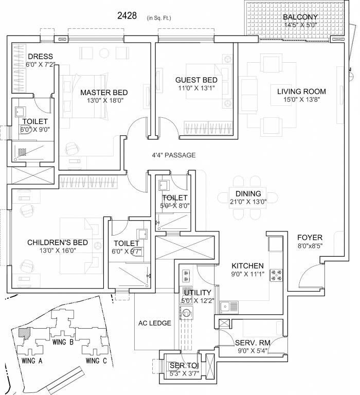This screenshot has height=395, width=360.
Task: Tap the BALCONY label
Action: (300, 17)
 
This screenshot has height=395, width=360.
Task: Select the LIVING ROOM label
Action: (301, 92)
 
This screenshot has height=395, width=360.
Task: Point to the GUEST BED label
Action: (196, 80)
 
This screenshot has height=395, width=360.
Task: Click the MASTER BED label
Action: (104, 93)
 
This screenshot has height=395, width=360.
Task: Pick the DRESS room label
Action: (41, 57)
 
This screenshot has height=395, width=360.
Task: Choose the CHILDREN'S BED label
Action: (58, 242)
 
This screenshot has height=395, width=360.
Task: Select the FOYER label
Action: (310, 238)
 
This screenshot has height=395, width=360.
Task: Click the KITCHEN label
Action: (247, 266)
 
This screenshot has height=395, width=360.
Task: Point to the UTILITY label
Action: (196, 293)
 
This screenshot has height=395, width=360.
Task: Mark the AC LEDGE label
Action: (154, 323)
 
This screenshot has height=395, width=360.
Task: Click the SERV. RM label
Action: (249, 343)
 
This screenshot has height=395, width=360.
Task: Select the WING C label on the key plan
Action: (96, 361)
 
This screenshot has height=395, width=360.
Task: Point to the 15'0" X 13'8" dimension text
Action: (301, 100)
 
